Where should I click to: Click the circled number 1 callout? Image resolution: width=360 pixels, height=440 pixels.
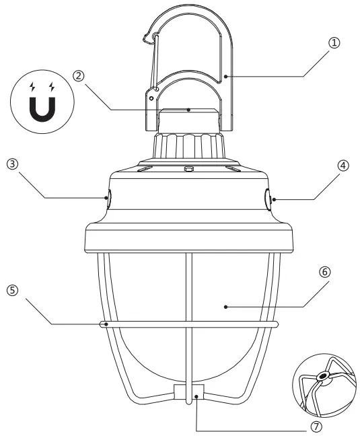334,42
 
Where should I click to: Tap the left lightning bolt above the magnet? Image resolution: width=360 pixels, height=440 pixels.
32,87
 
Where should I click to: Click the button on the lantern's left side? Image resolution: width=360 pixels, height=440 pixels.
107,198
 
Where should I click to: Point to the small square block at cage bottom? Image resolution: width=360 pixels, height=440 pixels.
188,391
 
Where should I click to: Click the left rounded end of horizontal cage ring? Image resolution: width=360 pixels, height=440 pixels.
104,324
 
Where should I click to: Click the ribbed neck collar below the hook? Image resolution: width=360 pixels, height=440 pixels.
189,145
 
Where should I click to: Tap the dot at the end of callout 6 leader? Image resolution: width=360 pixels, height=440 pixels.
225,306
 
